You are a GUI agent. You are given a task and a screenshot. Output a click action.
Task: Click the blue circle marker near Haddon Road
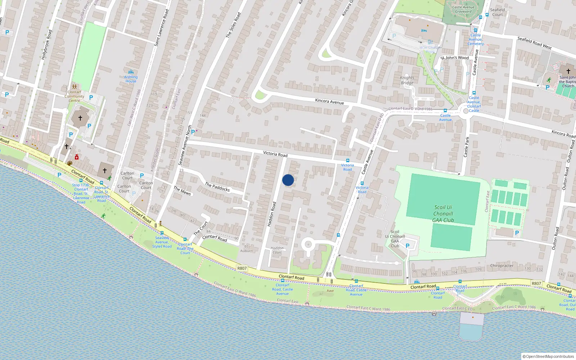tap(288, 180)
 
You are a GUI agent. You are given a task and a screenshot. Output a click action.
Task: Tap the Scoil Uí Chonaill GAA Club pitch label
tap(443, 213)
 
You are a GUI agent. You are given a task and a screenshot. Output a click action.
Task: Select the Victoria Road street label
tap(275, 154)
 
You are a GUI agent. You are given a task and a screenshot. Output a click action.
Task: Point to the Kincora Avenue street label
tap(329, 102)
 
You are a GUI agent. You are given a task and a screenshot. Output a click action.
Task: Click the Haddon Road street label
tap(272, 214)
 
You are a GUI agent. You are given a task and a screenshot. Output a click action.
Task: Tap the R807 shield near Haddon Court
tap(242, 268)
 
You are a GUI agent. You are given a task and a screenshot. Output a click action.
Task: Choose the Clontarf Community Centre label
tap(75, 96)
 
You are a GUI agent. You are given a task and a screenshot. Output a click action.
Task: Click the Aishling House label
tap(131, 79)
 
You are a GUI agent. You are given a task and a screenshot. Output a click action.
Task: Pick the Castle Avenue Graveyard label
tap(463, 9)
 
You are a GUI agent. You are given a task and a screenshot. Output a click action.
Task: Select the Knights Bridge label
tap(407, 80)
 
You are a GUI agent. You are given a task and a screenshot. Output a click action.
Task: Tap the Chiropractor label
tap(502, 266)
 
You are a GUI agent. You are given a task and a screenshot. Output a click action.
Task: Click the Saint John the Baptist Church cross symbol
tap(568, 71)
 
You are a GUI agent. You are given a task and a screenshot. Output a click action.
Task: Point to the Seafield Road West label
tap(534, 43)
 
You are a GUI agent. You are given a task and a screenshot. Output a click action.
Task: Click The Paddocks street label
tap(217, 186)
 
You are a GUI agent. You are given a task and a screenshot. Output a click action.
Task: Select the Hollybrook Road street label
tap(46, 45)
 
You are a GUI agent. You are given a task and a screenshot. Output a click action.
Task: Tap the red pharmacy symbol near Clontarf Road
tap(77, 157)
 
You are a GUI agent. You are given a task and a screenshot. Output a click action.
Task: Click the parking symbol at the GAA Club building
tap(408, 246)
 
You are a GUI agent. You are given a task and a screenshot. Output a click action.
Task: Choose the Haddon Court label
tap(277, 250)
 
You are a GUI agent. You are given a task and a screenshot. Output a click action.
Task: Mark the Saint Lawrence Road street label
tap(161, 28)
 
